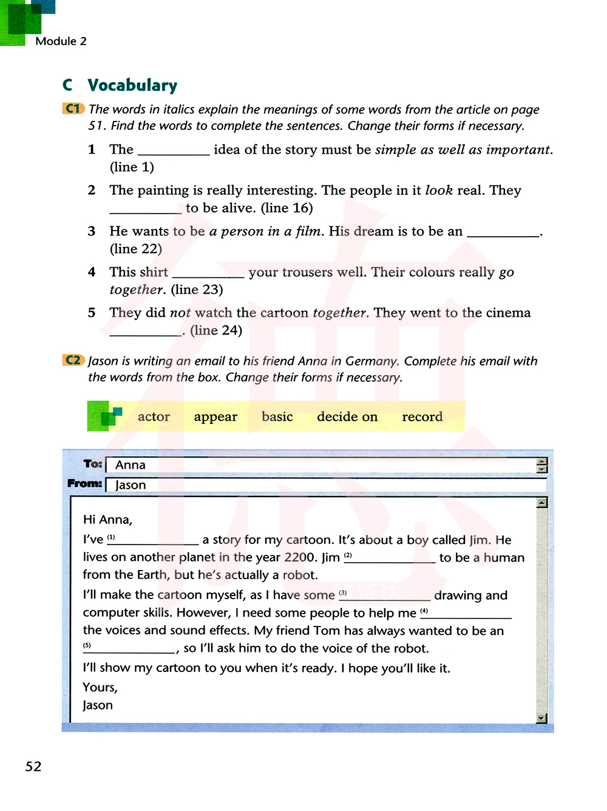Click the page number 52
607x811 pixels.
coord(33,766)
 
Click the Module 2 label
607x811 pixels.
coord(61,41)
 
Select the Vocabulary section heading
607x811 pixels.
coord(132,85)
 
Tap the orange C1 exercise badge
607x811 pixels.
coord(73,109)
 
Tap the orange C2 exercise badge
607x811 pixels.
coord(73,360)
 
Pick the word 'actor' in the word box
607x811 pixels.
coord(154,416)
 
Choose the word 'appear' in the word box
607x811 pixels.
coord(215,416)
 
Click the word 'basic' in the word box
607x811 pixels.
coord(277,416)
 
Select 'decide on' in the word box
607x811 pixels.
coord(347,416)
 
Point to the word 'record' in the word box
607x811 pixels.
coord(422,416)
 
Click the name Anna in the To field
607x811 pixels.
coord(131,465)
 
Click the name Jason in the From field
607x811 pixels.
coord(131,485)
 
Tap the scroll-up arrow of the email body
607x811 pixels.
coord(542,503)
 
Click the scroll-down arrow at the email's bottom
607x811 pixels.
coord(542,718)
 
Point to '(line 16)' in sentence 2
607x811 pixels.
coord(287,208)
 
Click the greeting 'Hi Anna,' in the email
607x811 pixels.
coord(107,520)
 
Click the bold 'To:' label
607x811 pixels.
coord(93,464)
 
